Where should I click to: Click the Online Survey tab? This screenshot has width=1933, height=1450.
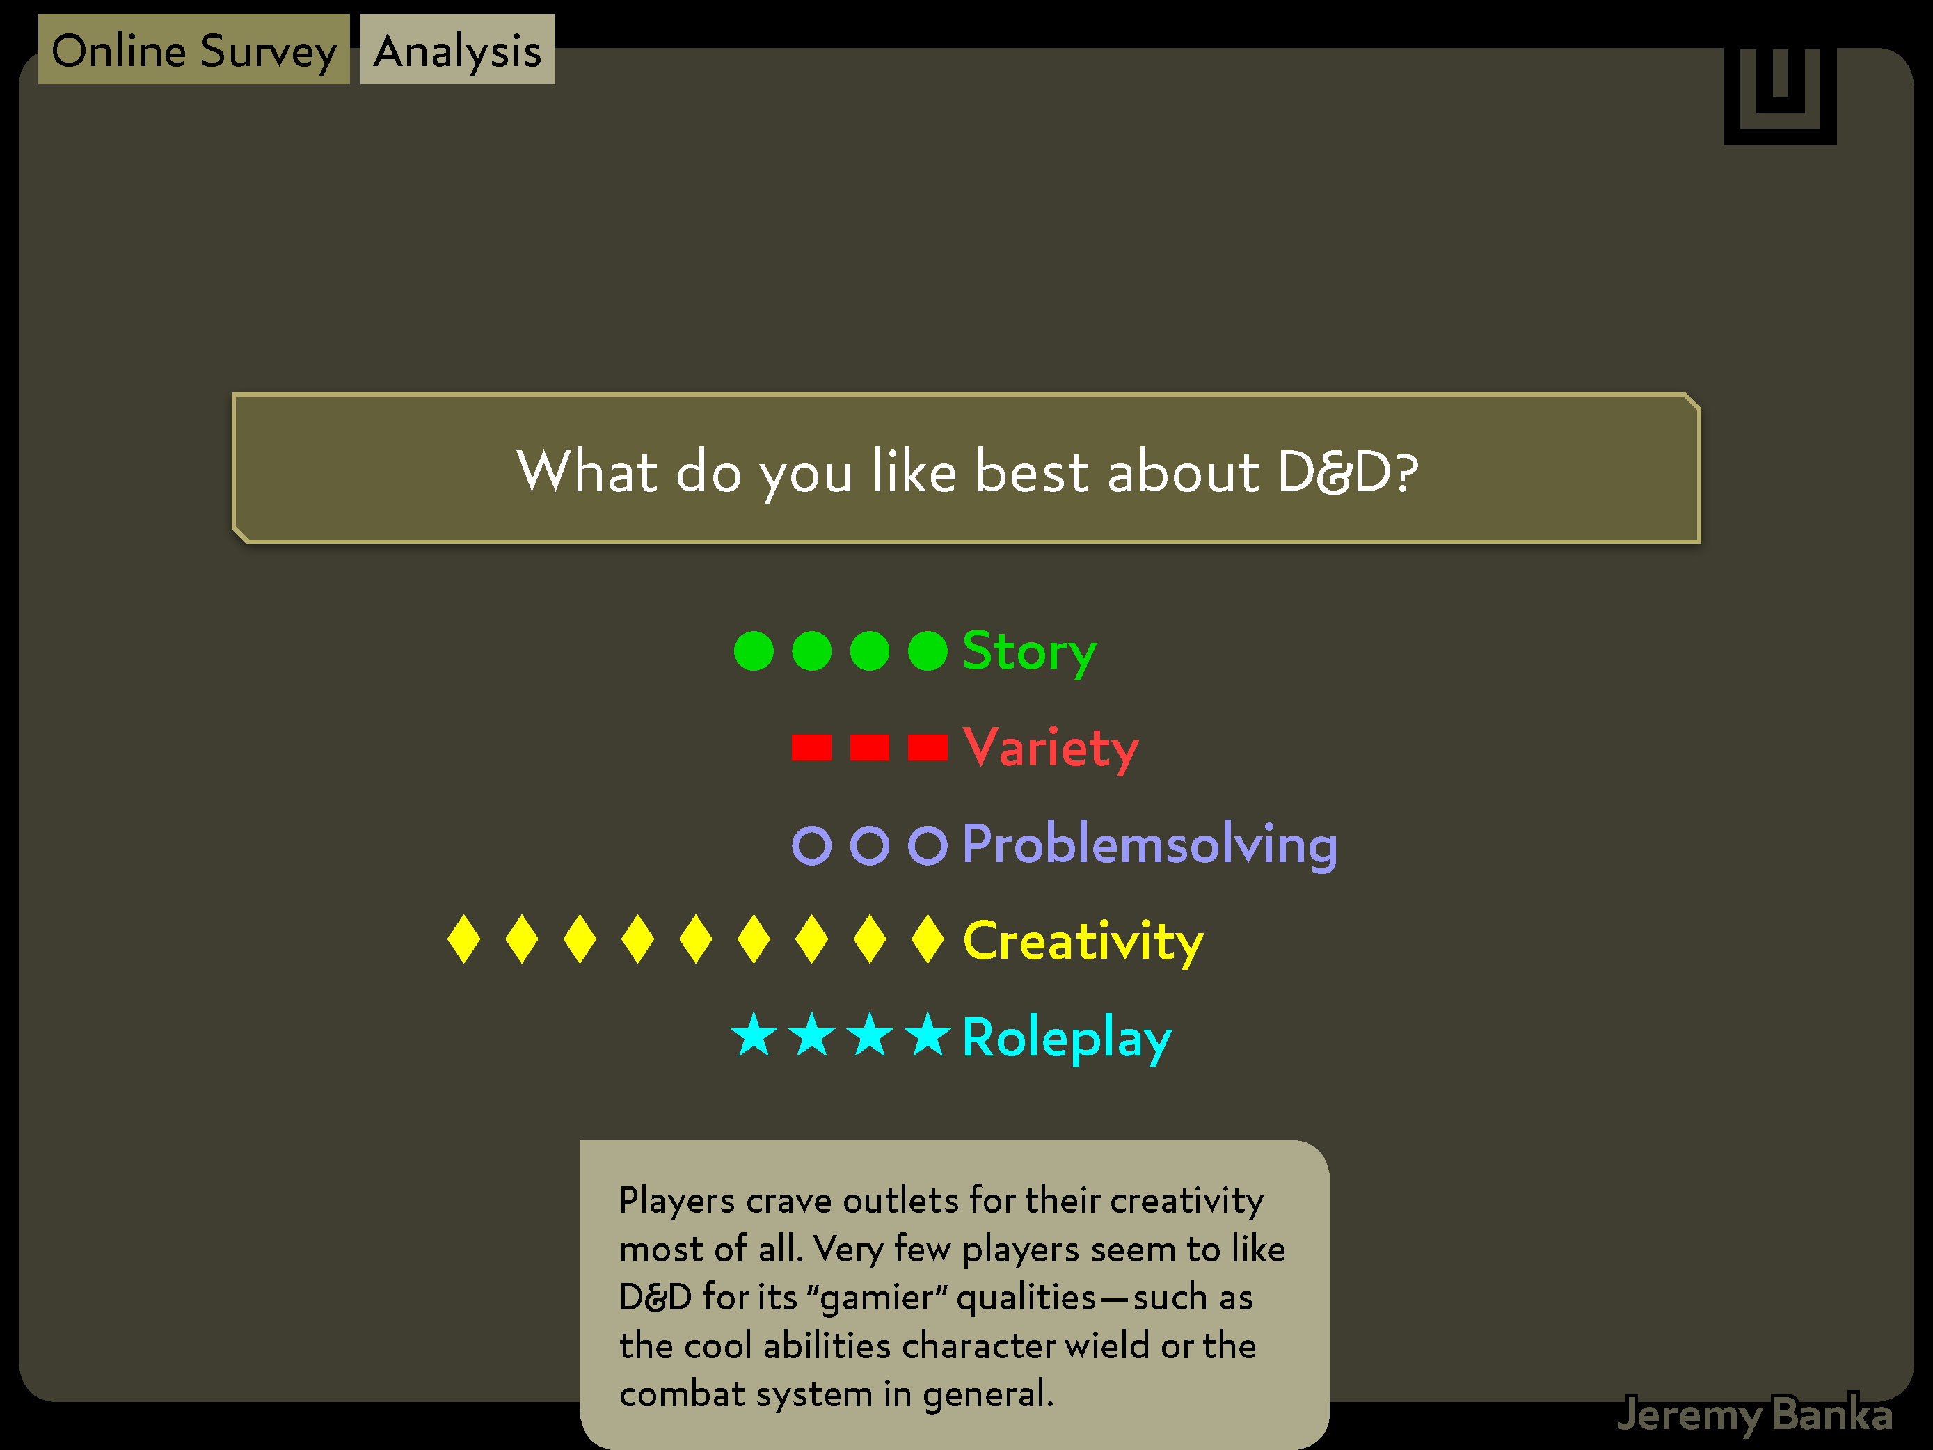click(x=194, y=50)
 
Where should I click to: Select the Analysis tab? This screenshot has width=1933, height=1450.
click(x=457, y=50)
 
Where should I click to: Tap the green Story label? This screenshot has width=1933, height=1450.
click(x=1028, y=652)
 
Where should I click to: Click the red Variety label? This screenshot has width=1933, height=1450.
click(x=1051, y=748)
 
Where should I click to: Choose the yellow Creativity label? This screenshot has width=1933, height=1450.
click(x=1083, y=941)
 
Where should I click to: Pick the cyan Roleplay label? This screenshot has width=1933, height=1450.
click(x=1066, y=1038)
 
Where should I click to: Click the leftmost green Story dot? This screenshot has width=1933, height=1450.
click(x=754, y=651)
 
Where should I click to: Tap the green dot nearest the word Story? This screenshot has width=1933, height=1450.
click(x=927, y=651)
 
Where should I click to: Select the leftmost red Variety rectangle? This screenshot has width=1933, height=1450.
click(x=811, y=748)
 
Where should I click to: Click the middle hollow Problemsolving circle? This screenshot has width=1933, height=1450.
click(x=870, y=845)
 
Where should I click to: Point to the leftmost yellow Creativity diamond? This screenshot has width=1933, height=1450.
click(x=463, y=939)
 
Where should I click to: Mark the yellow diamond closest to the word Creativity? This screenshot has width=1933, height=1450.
click(x=927, y=939)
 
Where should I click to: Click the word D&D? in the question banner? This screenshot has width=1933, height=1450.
click(x=1348, y=472)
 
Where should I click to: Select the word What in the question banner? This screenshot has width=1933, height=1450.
click(x=587, y=472)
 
